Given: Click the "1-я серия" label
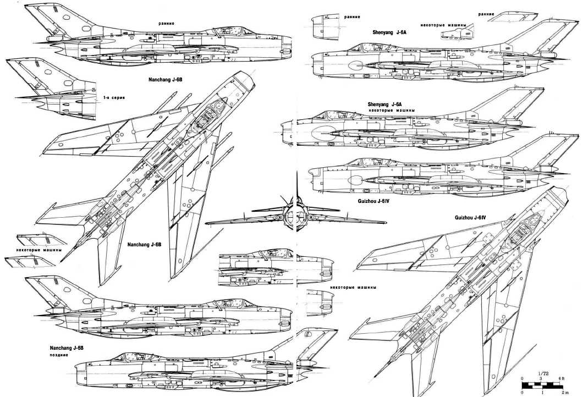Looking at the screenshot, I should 114,97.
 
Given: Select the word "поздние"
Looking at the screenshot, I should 59,355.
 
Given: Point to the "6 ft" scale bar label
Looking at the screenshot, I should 562,379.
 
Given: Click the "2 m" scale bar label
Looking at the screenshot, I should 563,393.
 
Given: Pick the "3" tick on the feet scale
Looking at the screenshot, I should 542,379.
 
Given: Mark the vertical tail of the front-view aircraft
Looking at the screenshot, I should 296,187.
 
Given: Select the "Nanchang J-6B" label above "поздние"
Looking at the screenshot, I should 67,348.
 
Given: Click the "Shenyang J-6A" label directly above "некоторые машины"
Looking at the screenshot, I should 385,104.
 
